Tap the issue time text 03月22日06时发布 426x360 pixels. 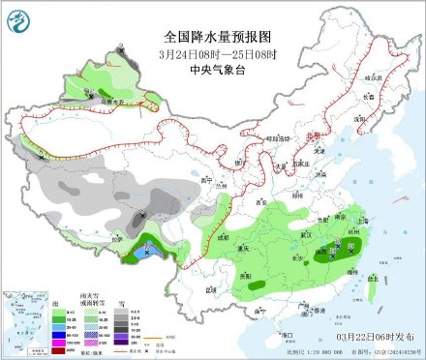pyautogui.click(x=372, y=335)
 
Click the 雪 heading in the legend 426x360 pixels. pyautogui.click(x=123, y=303)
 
